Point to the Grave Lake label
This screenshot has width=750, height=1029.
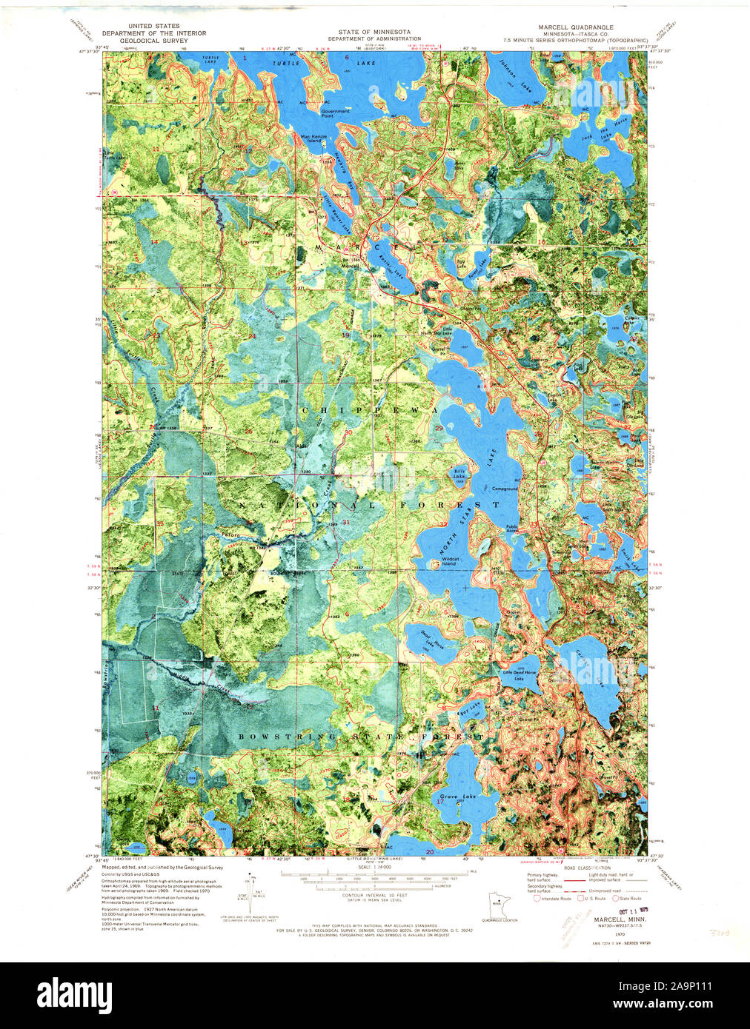[x=459, y=797]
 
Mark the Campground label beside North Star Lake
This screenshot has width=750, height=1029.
[x=505, y=489]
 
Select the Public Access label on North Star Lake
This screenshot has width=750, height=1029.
[x=512, y=530]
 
